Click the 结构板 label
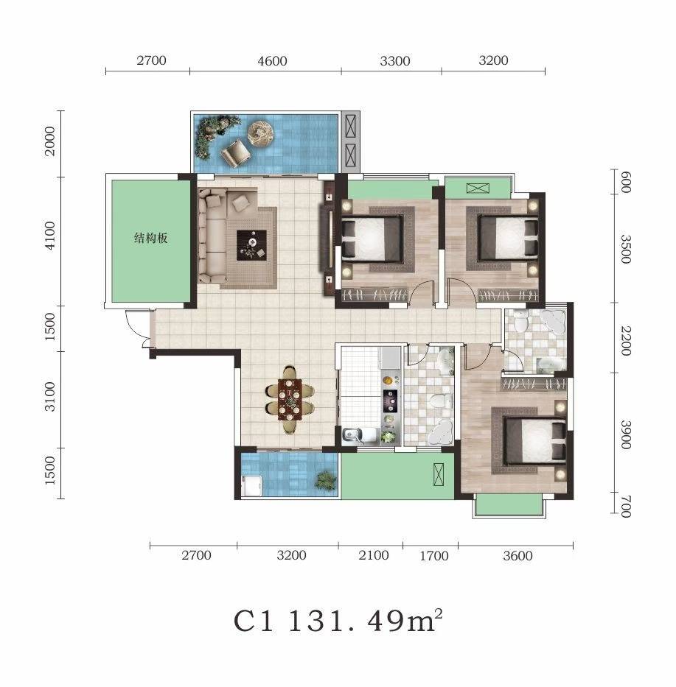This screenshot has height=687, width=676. pyautogui.click(x=150, y=238)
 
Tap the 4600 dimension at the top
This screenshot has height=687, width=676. pyautogui.click(x=272, y=60)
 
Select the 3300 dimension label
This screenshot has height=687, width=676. pyautogui.click(x=395, y=60)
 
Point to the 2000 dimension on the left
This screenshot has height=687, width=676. pyautogui.click(x=50, y=141)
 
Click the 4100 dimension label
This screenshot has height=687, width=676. pyautogui.click(x=50, y=236)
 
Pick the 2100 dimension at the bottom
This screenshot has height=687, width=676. pyautogui.click(x=373, y=555)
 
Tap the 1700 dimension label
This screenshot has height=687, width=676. pyautogui.click(x=434, y=555)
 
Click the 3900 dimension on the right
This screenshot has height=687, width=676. pyautogui.click(x=626, y=434)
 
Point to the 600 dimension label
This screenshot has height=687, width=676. pyautogui.click(x=626, y=183)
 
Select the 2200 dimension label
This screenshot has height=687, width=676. pyautogui.click(x=626, y=340)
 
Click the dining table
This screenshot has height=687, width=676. pyautogui.click(x=290, y=398)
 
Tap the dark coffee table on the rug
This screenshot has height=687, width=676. pyautogui.click(x=251, y=245)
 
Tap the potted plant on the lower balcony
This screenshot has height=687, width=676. pyautogui.click(x=326, y=480)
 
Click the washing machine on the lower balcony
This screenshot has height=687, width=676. pyautogui.click(x=251, y=486)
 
